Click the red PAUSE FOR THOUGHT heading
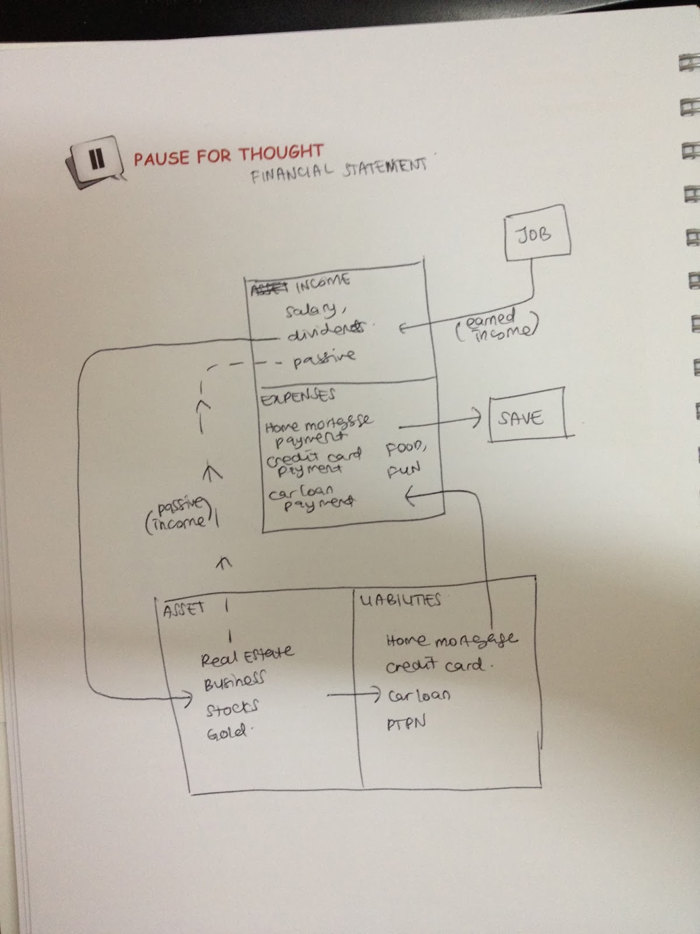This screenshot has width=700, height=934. pos(228,155)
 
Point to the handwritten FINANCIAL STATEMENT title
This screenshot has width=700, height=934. pos(338,169)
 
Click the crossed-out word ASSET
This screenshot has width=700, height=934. pos(269,288)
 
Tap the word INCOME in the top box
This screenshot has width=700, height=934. pos(323,283)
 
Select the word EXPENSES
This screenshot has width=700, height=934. pos(297,397)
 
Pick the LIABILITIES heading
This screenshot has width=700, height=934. pos(400,600)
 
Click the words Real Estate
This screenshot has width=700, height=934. pos(247,656)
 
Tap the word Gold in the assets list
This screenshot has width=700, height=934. pos(228,732)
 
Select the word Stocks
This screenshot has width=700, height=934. pos(232,709)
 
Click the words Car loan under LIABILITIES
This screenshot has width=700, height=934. pos(419,695)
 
